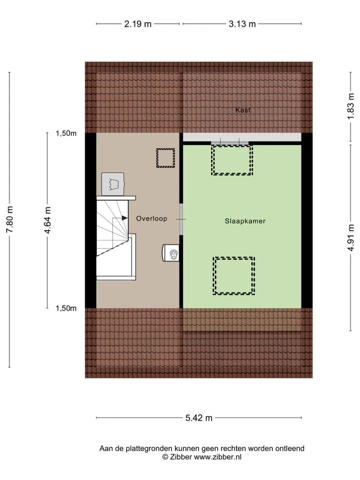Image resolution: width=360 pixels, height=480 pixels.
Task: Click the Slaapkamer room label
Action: coord(245,221)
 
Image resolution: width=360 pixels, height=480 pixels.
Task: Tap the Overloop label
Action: coord(151,218)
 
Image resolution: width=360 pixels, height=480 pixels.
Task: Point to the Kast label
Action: coord(243,110)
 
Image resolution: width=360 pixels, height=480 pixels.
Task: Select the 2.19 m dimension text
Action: coord(138,24)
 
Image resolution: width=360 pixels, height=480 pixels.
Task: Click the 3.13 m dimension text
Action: coord(242,24)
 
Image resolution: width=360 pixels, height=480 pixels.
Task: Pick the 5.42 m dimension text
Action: coord(198,418)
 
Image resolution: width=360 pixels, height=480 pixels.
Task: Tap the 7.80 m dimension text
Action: coord(9,219)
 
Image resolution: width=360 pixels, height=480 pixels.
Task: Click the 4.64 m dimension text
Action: coord(47,220)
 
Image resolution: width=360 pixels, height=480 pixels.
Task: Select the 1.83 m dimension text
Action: coord(351,106)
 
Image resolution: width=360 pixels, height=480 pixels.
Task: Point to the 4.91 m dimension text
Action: coord(351,237)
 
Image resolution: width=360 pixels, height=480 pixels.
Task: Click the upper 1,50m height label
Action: coord(66,133)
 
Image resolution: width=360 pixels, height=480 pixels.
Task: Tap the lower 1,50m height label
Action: coord(66,308)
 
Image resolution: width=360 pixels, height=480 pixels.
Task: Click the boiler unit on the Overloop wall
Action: coord(171,253)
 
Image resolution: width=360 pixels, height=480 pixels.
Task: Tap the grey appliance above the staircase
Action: coord(113,184)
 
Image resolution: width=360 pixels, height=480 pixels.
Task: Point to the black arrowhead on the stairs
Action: coord(124,218)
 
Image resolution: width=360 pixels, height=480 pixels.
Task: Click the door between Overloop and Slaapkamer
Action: coord(181,219)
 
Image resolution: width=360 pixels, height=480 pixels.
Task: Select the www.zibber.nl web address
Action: coord(217,457)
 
